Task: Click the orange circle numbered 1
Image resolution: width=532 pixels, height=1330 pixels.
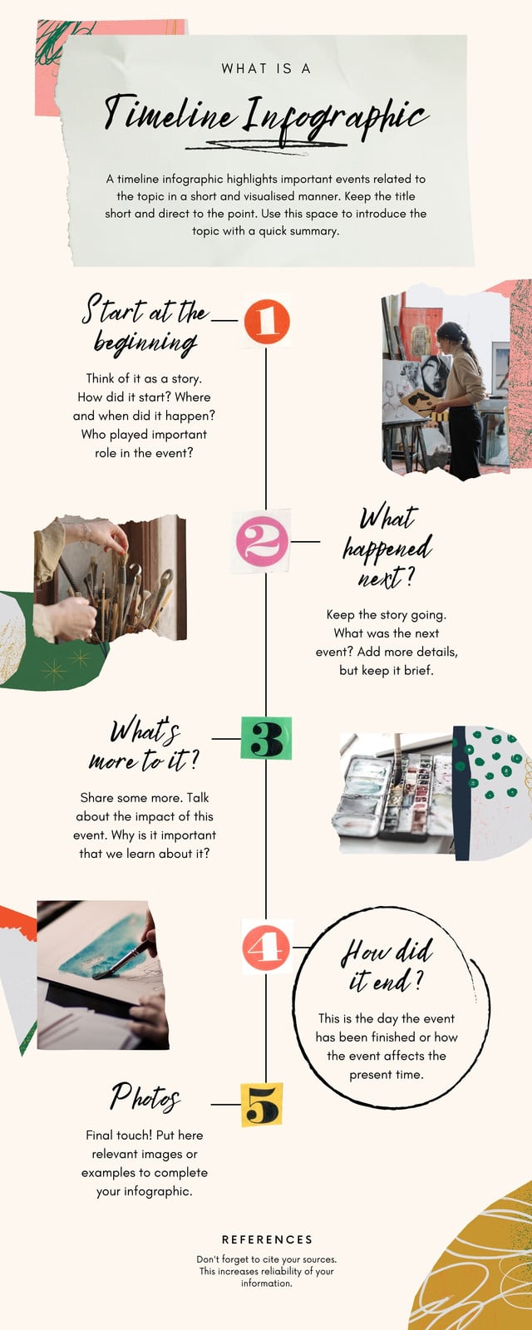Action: pyautogui.click(x=267, y=321)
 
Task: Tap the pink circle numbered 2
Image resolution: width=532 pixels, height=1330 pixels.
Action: pyautogui.click(x=262, y=541)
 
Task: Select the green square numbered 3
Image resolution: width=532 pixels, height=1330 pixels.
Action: pyautogui.click(x=266, y=738)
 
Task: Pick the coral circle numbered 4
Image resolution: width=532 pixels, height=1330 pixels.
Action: pyautogui.click(x=266, y=948)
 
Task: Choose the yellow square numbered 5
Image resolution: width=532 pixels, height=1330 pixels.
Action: pyautogui.click(x=261, y=1105)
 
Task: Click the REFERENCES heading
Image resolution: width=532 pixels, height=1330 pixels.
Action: pyautogui.click(x=267, y=1239)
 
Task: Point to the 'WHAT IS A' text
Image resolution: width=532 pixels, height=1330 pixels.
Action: pyautogui.click(x=266, y=69)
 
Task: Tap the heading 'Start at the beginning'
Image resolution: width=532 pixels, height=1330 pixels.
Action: pyautogui.click(x=145, y=325)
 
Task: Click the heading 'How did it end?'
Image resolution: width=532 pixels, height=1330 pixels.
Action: pyautogui.click(x=387, y=966)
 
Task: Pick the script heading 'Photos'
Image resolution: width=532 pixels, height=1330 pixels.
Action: pyautogui.click(x=145, y=1097)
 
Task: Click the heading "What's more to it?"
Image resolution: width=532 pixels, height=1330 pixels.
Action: pyautogui.click(x=145, y=745)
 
